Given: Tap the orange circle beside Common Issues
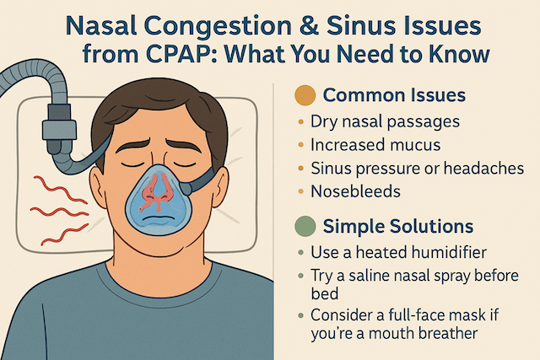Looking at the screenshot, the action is (305, 95).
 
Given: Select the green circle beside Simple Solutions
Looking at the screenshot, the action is (305, 226).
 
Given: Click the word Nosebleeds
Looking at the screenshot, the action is (356, 191).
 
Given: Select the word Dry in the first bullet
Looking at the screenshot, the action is (324, 122).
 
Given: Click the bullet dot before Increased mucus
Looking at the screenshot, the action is (300, 145).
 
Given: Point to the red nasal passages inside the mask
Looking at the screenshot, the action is (155, 192).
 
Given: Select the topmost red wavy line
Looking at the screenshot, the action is (60, 190).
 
